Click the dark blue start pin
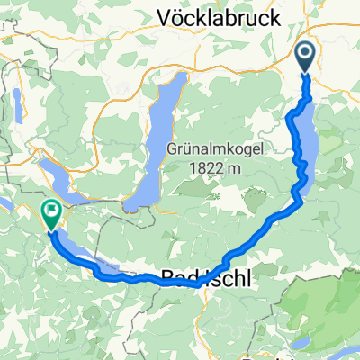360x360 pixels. (x=305, y=58)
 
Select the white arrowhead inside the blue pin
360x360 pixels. (x=305, y=57)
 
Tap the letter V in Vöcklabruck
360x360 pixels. (x=165, y=16)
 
